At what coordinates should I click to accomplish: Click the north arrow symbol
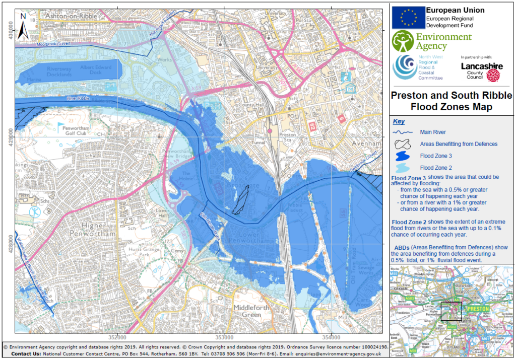(23, 26)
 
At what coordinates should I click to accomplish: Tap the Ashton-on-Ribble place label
(71, 16)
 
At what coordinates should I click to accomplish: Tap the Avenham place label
(366, 145)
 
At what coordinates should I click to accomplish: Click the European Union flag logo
(408, 18)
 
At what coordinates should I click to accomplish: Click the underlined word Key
(399, 121)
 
